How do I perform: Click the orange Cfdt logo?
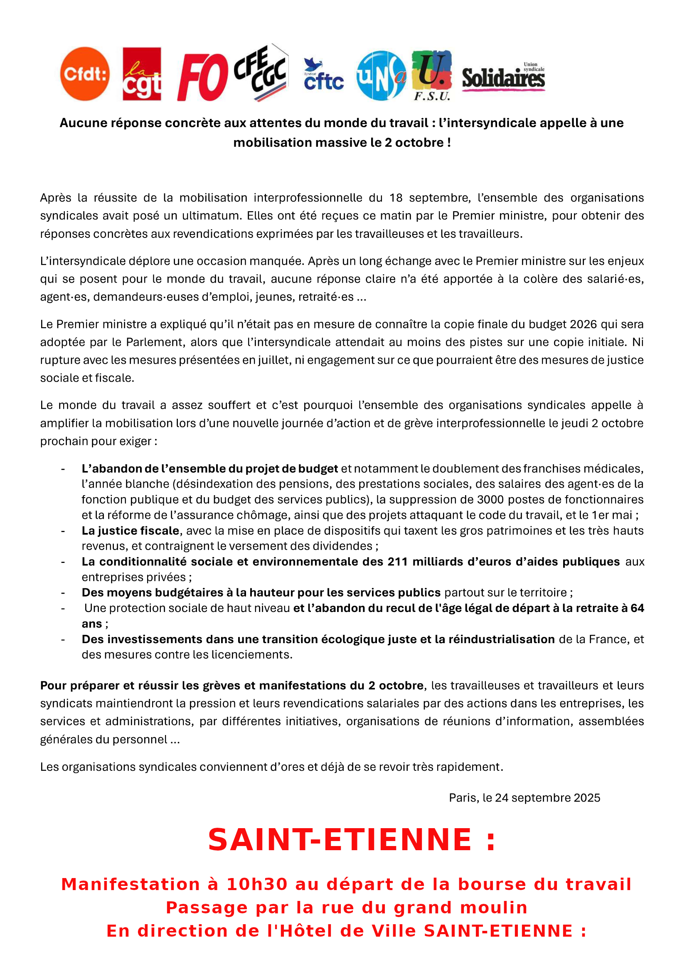(x=85, y=74)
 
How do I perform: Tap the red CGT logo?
(x=141, y=74)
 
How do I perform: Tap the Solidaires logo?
(x=503, y=77)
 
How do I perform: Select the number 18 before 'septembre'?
(x=396, y=198)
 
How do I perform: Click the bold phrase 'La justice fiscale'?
(x=131, y=530)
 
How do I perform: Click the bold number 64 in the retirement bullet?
(x=637, y=608)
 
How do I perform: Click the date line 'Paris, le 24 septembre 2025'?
(x=524, y=797)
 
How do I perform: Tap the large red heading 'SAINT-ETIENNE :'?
(x=351, y=840)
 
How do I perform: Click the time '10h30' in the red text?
(x=257, y=884)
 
